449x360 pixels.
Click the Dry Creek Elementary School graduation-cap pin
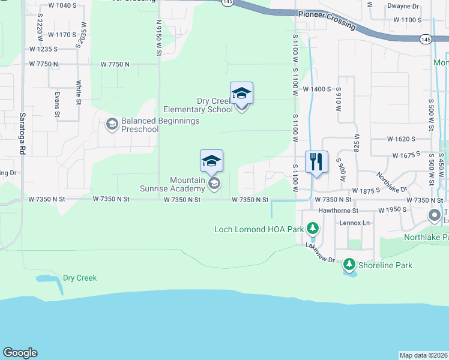tap(241, 94)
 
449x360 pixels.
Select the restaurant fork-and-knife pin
tap(316, 162)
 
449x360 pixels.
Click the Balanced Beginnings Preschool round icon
tap(111, 124)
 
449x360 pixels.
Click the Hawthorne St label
tap(339, 211)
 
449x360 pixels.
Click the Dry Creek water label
tap(80, 278)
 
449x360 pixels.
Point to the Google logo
tap(20, 353)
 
